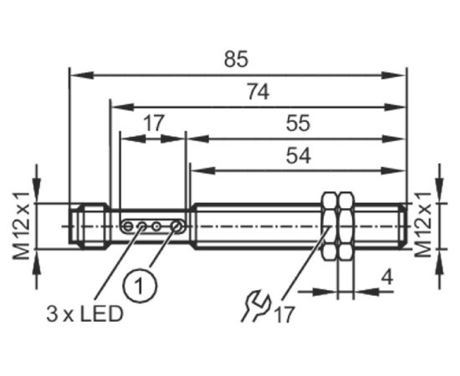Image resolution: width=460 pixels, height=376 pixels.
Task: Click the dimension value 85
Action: pyautogui.click(x=236, y=58)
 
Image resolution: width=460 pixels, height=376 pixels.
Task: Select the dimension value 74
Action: pyautogui.click(x=258, y=91)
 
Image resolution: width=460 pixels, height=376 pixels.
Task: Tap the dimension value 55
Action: pyautogui.click(x=298, y=123)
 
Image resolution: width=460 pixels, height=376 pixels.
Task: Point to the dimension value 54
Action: pyautogui.click(x=299, y=155)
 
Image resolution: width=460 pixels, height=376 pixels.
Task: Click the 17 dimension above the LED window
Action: pyautogui.click(x=153, y=124)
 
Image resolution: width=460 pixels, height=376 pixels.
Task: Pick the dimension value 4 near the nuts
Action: pyautogui.click(x=388, y=277)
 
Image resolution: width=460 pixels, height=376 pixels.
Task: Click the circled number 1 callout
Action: pyautogui.click(x=140, y=285)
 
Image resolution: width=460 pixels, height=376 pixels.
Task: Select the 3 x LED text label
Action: pyautogui.click(x=84, y=314)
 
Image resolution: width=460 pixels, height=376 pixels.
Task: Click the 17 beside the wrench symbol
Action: pyautogui.click(x=284, y=315)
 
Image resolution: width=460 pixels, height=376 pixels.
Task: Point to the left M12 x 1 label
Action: pyautogui.click(x=21, y=226)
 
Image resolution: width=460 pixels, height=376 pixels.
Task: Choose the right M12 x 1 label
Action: pyautogui.click(x=422, y=225)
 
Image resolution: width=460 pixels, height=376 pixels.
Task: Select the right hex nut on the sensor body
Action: pyautogui.click(x=346, y=226)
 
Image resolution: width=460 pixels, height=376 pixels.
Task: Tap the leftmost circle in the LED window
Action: pyautogui.click(x=128, y=226)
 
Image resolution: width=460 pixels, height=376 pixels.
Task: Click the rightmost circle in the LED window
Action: pyautogui.click(x=177, y=226)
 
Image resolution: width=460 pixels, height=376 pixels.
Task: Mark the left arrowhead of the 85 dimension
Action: pyautogui.click(x=83, y=75)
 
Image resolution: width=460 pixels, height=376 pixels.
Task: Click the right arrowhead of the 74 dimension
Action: pyautogui.click(x=395, y=107)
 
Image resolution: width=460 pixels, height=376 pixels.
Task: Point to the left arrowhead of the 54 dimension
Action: pyautogui.click(x=203, y=170)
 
